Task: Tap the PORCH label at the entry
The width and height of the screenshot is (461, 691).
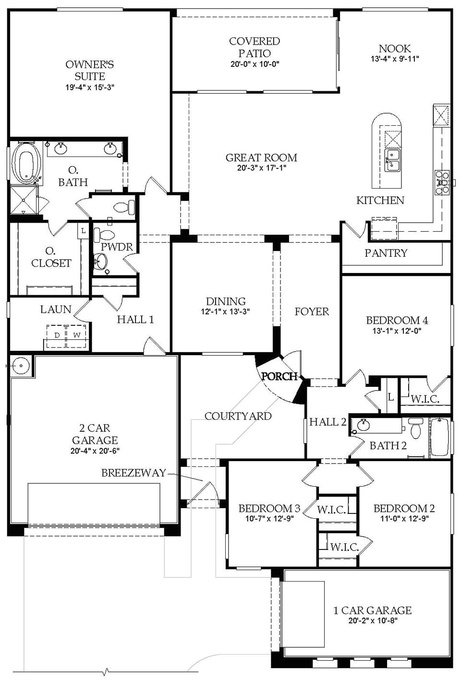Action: click(279, 377)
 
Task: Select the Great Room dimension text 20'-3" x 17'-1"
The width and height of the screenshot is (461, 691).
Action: click(261, 168)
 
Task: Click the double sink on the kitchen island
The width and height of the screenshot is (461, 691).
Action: click(393, 160)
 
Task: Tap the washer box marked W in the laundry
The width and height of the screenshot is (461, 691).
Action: click(77, 335)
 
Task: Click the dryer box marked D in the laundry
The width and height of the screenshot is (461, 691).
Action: click(57, 335)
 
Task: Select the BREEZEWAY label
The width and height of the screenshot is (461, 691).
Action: click(133, 473)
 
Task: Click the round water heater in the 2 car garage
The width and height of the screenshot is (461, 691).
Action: click(22, 366)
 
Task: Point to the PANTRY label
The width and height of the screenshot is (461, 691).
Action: click(386, 253)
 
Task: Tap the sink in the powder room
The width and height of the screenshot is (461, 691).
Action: click(101, 262)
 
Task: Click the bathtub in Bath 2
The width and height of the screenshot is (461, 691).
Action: click(440, 437)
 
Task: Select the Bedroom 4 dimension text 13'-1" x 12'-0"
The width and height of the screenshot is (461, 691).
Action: click(397, 331)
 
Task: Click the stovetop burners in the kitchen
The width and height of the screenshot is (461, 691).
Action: click(441, 182)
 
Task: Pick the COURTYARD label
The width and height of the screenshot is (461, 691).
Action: click(238, 416)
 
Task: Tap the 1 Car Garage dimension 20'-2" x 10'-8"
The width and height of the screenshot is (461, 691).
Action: click(372, 620)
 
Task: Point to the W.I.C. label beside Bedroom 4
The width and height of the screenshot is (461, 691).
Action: click(425, 398)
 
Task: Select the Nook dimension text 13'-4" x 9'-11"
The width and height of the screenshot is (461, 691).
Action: click(395, 59)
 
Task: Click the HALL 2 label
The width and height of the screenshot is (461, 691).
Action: click(328, 422)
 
